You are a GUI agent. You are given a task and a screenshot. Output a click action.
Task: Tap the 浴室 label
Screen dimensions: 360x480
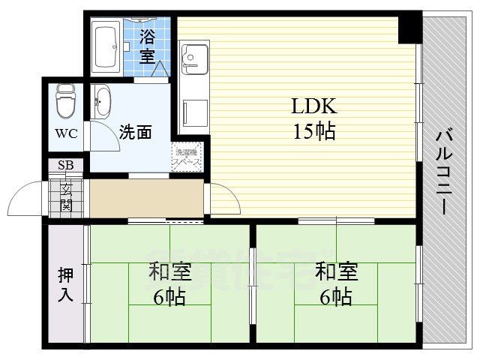coord(147,45)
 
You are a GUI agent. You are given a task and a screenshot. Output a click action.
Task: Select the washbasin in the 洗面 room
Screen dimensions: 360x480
coord(101,100)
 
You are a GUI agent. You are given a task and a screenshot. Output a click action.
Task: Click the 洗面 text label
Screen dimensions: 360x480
coord(135,133)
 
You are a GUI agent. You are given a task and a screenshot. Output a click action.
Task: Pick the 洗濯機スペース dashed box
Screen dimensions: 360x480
coord(187,157)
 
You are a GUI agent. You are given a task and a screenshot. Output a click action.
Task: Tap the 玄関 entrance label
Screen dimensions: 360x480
coord(67,196)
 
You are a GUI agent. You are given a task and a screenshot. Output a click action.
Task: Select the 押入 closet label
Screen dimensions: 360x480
coord(66,283)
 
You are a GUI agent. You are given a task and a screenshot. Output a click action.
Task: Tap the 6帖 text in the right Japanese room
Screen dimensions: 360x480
coord(335,298)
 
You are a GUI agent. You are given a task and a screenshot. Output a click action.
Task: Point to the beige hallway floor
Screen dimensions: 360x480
coord(145,199)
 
